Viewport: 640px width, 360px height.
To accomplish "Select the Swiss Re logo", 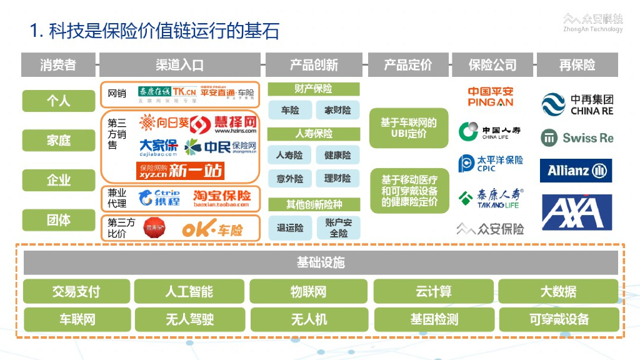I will point(577,137).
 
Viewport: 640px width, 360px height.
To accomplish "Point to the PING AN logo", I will point(491,97).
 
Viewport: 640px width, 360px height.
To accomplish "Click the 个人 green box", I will point(58,101).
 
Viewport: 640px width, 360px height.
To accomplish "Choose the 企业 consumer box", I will point(58,181).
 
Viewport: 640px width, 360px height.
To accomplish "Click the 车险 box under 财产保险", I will point(289,111).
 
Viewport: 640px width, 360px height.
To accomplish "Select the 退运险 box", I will point(289,228).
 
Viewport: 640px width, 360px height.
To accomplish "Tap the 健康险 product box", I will point(337,155).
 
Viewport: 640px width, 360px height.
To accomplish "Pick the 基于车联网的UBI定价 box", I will point(409,128).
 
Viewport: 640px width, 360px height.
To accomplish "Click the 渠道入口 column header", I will point(180,65).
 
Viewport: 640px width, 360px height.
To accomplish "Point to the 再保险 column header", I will point(577,65).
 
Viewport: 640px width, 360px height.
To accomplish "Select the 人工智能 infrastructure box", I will point(189,291).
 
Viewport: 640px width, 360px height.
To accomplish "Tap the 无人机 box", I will point(309,319).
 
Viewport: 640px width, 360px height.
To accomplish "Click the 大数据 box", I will point(558,291).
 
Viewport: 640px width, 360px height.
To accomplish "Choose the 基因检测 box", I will point(434,319).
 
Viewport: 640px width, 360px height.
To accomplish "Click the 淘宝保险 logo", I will point(222,198).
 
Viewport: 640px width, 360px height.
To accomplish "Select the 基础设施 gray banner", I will point(321,262).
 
